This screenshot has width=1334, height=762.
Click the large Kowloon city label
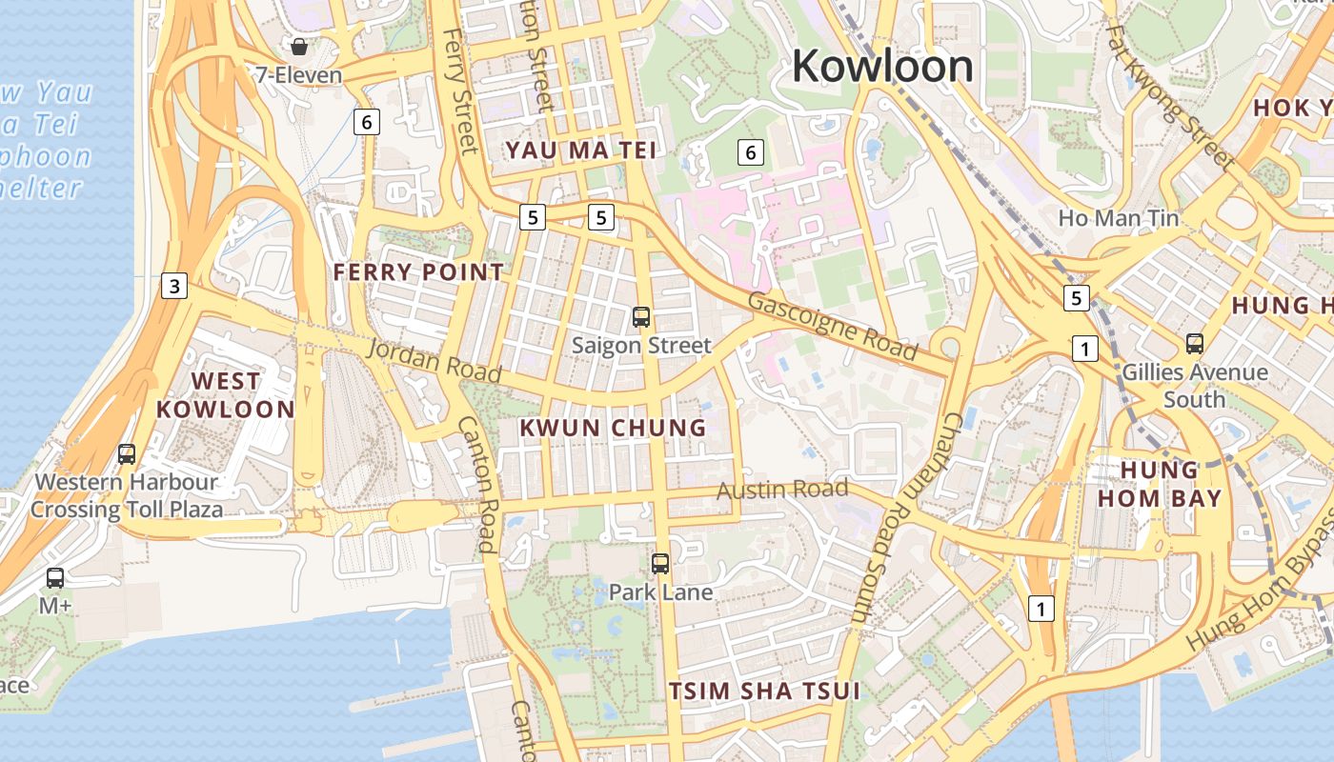click(x=882, y=67)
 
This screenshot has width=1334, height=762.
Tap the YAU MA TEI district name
click(x=581, y=150)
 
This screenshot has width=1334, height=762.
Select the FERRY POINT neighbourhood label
click(x=418, y=272)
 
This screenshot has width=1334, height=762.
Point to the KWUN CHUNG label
click(x=614, y=428)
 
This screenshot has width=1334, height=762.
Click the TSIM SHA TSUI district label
click(x=764, y=691)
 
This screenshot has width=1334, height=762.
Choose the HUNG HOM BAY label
click(x=1159, y=484)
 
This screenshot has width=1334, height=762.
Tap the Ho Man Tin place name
click(x=1119, y=218)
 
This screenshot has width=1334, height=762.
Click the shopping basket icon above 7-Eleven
click(x=299, y=47)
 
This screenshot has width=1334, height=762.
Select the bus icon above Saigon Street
click(x=641, y=317)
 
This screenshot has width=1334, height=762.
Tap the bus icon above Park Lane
click(x=660, y=564)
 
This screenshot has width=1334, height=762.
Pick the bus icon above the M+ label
click(x=55, y=577)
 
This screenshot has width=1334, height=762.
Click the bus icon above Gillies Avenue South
click(x=1195, y=344)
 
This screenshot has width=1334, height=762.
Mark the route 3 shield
click(x=173, y=285)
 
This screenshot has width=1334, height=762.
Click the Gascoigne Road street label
click(x=833, y=325)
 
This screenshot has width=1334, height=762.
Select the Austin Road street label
click(x=781, y=491)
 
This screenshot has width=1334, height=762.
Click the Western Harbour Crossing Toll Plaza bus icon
click(x=127, y=454)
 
